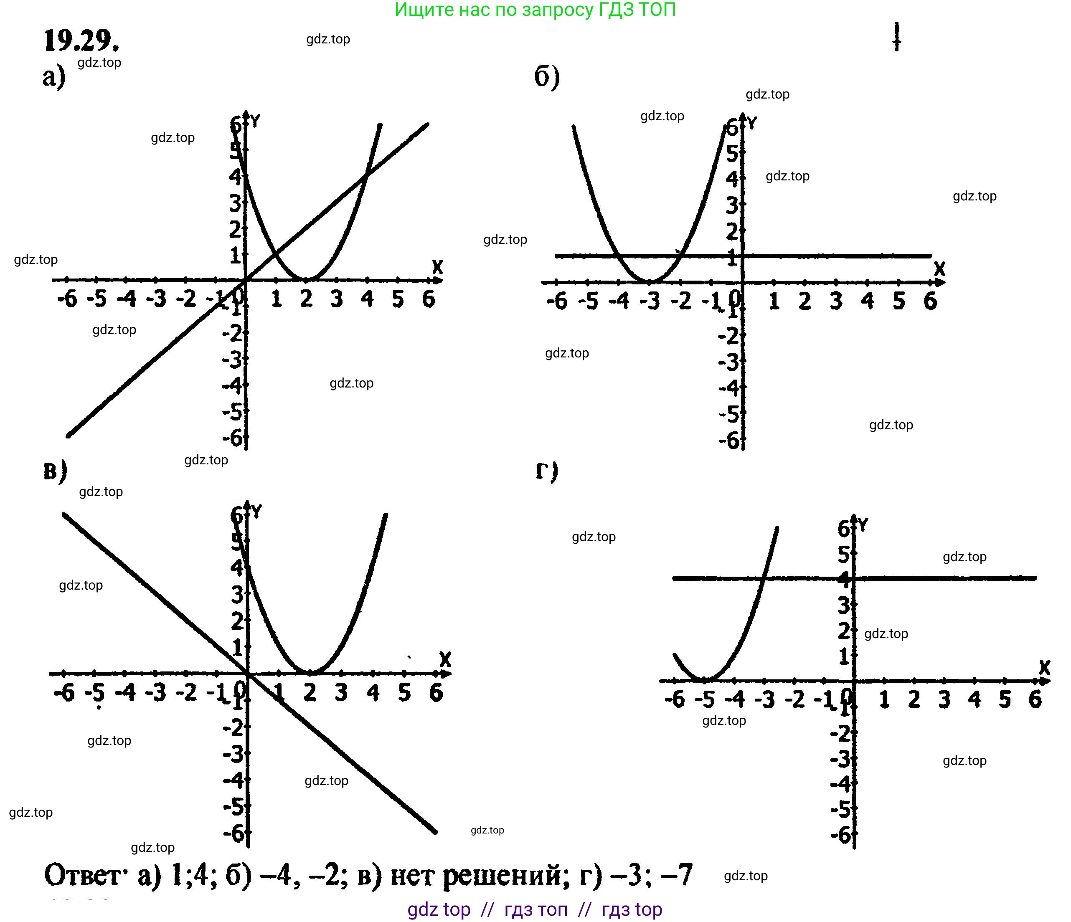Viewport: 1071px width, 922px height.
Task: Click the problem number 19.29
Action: coord(81,41)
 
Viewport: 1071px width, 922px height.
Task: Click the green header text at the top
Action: coord(535,10)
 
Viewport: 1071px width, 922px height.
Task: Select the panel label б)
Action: coord(546,78)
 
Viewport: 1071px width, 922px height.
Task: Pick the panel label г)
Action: coord(546,471)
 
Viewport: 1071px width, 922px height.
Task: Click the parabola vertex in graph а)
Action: coord(307,280)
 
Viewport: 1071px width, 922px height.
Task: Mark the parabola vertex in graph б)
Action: coord(650,282)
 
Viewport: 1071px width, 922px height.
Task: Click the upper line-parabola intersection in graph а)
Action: coord(366,176)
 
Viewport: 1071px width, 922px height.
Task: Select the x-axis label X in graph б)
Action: coord(939,269)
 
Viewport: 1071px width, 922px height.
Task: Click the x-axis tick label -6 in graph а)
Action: coord(67,299)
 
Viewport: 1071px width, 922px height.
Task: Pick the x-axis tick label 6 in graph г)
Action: coord(1035,699)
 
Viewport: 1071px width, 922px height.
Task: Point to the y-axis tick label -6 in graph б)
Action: coord(729,440)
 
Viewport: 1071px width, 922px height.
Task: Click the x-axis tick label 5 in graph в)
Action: coord(405,692)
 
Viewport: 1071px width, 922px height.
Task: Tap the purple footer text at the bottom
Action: coord(535,909)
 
